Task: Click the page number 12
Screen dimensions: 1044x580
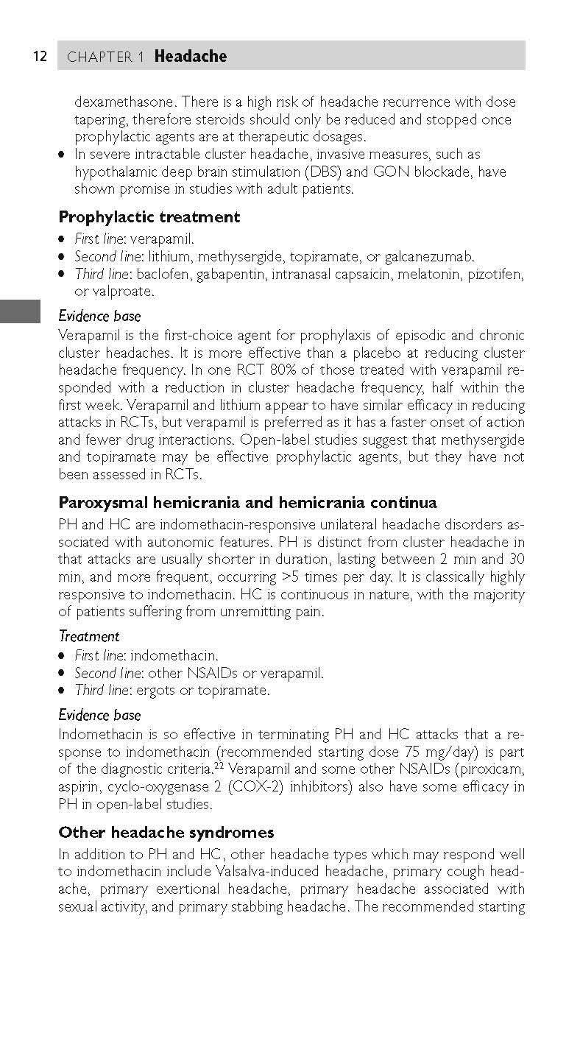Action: [x=40, y=57]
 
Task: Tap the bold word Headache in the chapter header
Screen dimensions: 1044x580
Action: [x=191, y=57]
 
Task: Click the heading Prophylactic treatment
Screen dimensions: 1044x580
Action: [x=149, y=217]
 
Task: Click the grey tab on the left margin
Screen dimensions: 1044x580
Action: [x=20, y=311]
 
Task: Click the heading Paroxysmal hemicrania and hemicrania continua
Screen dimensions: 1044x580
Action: [x=247, y=503]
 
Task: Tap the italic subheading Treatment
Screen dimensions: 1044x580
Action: [x=89, y=635]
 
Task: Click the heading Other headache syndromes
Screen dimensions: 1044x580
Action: [x=166, y=832]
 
